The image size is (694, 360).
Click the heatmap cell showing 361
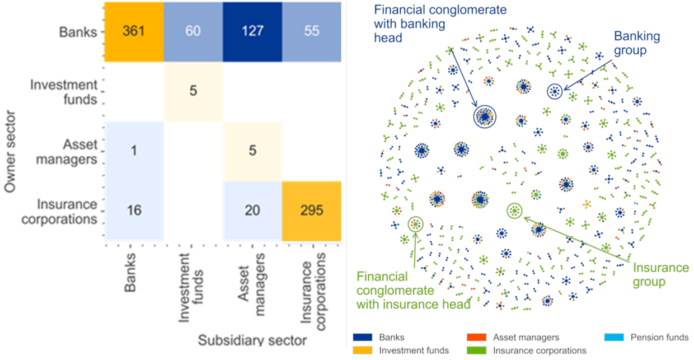(134, 31)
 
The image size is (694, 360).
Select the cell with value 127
(252, 31)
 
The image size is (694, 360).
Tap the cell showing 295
(312, 211)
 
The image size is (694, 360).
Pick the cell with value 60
(193, 31)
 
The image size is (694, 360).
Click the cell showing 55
(312, 31)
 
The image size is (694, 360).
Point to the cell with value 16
(134, 211)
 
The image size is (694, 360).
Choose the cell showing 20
(252, 211)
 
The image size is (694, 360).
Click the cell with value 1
(134, 151)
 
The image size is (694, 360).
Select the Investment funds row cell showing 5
(193, 91)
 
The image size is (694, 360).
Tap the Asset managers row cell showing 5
(252, 151)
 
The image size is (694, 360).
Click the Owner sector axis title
(10, 152)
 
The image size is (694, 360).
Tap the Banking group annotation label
(637, 44)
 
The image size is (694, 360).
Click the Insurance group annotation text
(660, 274)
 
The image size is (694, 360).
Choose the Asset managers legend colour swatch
(476, 338)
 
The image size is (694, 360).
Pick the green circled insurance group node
(514, 211)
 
